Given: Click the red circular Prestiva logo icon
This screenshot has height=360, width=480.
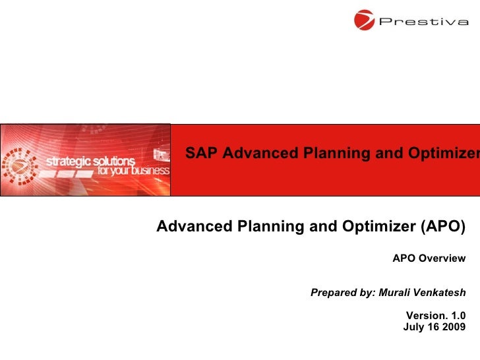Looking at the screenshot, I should pyautogui.click(x=364, y=20).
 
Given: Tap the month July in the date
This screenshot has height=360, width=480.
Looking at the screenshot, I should pyautogui.click(x=413, y=327).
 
